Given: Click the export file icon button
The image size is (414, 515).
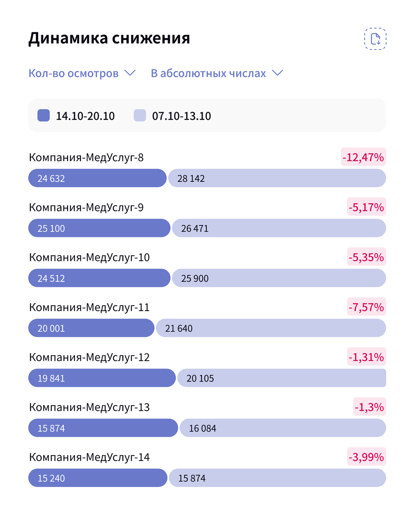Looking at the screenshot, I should coord(375,39).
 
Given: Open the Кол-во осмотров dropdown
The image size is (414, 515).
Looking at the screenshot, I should coord(82,74).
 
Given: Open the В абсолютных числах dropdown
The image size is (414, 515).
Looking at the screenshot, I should coord(217,74).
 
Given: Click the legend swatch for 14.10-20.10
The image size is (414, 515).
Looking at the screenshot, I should coord(44,115).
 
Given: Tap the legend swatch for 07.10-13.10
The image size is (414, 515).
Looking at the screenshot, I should coord(140,115).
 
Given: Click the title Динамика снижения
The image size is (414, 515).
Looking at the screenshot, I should coord(109,38).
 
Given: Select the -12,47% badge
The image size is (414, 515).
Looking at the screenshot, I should coord(363,157).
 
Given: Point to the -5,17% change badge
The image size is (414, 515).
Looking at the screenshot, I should coord(366,207).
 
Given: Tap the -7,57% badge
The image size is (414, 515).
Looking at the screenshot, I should coord(366,307).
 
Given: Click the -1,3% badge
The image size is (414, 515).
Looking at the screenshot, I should coord(369,407).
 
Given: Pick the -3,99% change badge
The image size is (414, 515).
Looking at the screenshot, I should coord(366,457).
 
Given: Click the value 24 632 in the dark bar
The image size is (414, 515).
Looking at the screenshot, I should coord(51,179).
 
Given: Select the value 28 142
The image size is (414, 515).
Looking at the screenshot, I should coord(191,179).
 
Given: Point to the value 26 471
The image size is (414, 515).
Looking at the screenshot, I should coord(195,229).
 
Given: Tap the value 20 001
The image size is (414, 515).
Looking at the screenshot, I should coord(51,328).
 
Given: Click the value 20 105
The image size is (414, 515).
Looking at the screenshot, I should coord(200,378).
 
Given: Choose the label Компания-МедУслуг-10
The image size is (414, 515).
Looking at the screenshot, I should coord(89,257).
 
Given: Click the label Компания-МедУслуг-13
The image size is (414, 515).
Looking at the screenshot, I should coord(89,407).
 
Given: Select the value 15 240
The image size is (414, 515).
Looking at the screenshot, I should coord(51,478).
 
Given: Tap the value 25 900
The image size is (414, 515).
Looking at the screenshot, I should coord(195,278).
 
